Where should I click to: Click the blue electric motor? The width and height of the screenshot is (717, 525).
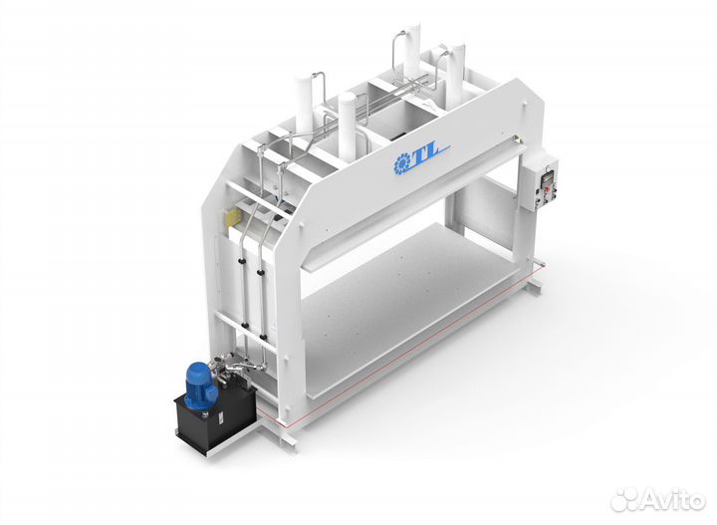coord(200,387)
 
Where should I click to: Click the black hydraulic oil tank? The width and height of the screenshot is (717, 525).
coord(215,413)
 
